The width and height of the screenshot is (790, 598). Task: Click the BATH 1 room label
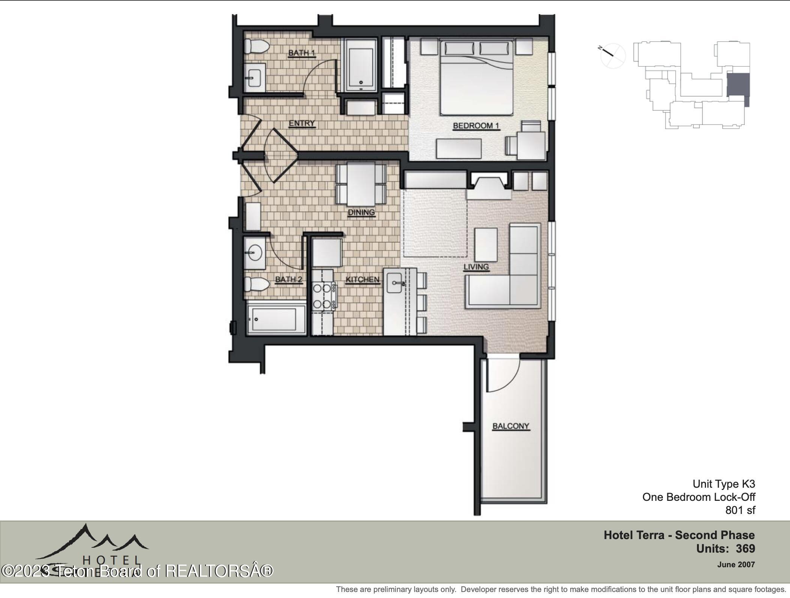pos(301,53)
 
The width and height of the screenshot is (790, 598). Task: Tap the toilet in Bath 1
pos(257,47)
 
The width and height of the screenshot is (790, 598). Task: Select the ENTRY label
pos(302,123)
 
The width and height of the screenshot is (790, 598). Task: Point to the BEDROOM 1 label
pos(476,126)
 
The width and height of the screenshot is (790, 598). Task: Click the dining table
pos(361,183)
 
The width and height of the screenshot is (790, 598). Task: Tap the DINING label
pos(361,212)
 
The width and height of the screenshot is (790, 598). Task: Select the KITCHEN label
pos(362,279)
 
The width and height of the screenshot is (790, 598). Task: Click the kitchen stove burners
pos(322,296)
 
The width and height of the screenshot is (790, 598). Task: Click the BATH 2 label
pos(288,279)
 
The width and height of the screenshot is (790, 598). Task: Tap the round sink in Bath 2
pos(255,252)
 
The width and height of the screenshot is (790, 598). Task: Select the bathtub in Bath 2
pos(276,319)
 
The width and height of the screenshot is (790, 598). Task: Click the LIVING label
pos(476,267)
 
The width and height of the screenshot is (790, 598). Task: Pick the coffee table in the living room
pos(486,245)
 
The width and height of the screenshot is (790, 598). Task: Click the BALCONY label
pos(511,426)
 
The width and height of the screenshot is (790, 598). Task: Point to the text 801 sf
pos(740,510)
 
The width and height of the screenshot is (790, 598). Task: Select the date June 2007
pos(736,564)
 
